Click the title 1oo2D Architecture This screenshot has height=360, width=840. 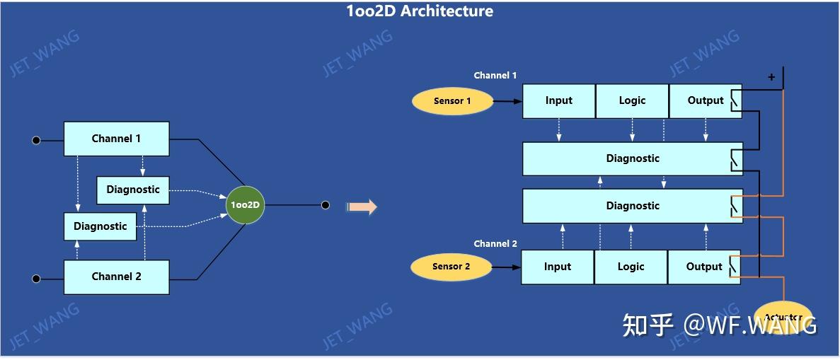pyautogui.click(x=420, y=11)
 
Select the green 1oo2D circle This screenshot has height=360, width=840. pyautogui.click(x=246, y=205)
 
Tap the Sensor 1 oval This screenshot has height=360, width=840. pyautogui.click(x=452, y=101)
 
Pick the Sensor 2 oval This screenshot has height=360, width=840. pyautogui.click(x=451, y=267)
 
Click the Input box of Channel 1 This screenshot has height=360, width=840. pyautogui.click(x=559, y=101)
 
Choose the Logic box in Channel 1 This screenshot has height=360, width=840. pyautogui.click(x=632, y=101)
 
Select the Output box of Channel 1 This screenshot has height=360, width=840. pyautogui.click(x=705, y=101)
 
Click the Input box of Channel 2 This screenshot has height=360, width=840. pyautogui.click(x=558, y=267)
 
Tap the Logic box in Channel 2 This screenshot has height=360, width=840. pyautogui.click(x=631, y=267)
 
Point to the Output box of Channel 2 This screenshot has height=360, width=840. pyautogui.click(x=703, y=267)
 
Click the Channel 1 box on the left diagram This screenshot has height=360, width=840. pyautogui.click(x=116, y=139)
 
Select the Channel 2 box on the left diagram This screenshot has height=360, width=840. pyautogui.click(x=116, y=277)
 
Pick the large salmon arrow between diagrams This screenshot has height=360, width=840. pyautogui.click(x=362, y=207)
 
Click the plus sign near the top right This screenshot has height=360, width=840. pyautogui.click(x=771, y=77)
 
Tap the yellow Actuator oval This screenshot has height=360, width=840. pyautogui.click(x=783, y=318)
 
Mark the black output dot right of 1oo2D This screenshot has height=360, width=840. pyautogui.click(x=325, y=205)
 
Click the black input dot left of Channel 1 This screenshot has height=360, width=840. pyautogui.click(x=36, y=140)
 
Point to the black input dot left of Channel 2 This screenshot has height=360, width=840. pyautogui.click(x=36, y=279)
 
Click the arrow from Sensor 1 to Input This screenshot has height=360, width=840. pyautogui.click(x=507, y=101)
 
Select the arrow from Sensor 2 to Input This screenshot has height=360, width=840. pyautogui.click(x=506, y=267)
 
